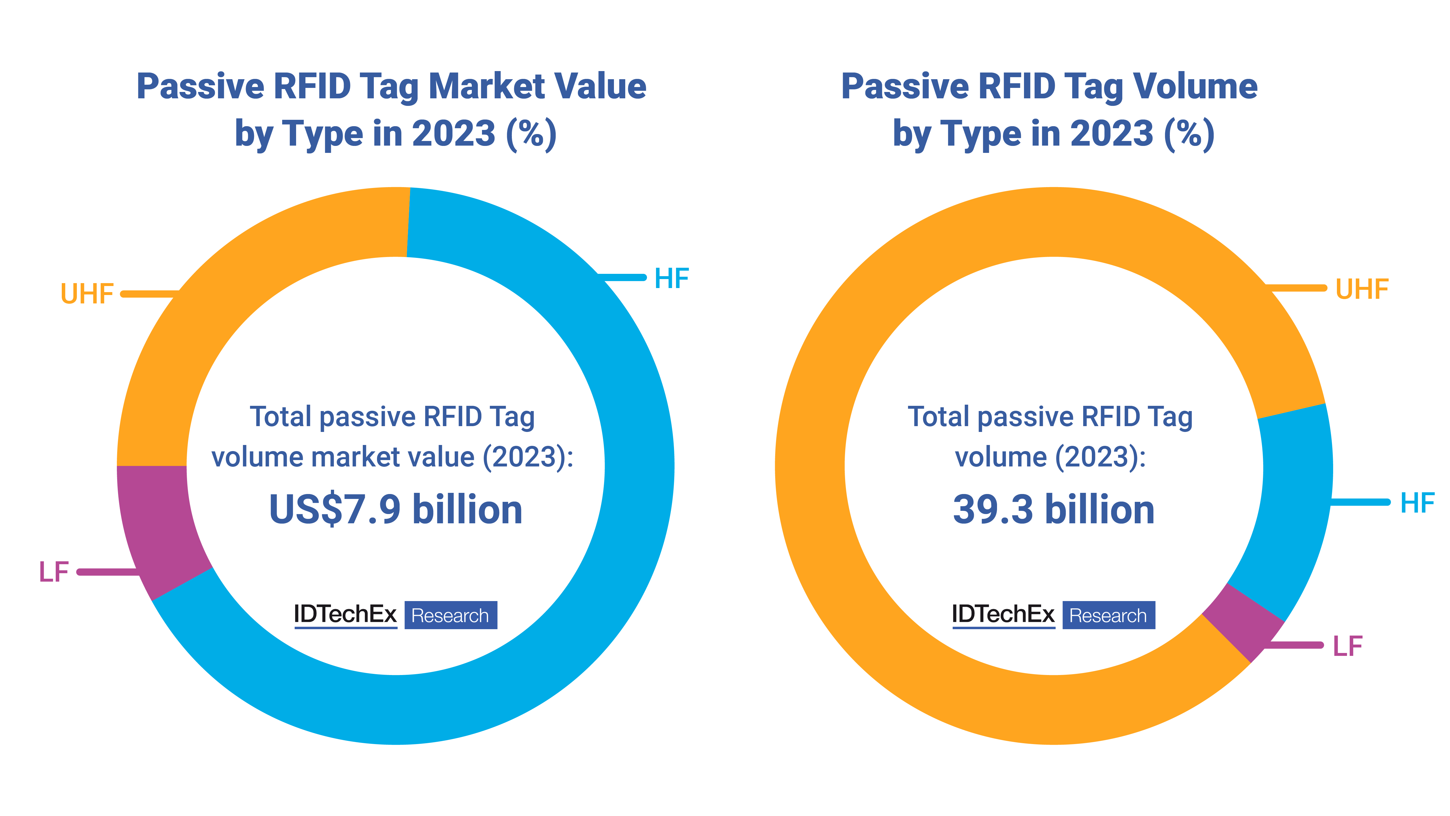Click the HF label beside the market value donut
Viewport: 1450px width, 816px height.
672,279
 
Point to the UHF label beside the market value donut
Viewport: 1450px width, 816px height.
87,294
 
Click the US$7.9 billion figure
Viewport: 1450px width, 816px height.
396,509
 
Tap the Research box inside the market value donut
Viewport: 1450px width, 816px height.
450,615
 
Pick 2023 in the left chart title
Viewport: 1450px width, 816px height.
453,134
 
